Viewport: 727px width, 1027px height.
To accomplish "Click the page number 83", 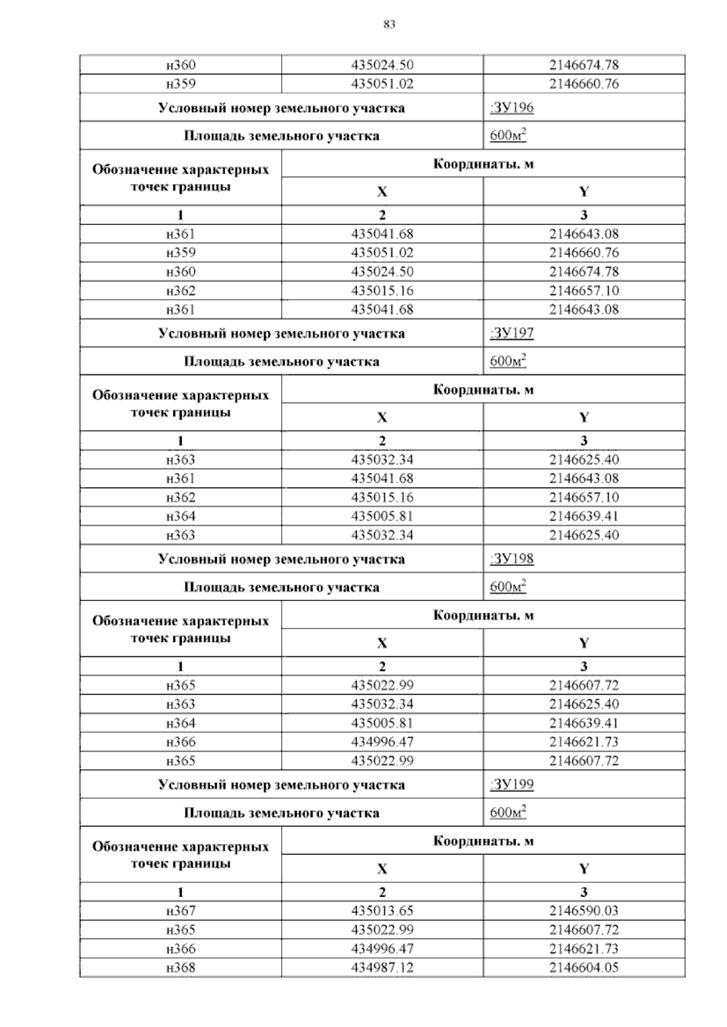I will (x=390, y=24).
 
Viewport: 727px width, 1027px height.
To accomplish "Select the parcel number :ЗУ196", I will (x=511, y=108).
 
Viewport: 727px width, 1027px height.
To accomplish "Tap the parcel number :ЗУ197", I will (x=511, y=333).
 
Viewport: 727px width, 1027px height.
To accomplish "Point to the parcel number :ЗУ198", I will (x=511, y=558).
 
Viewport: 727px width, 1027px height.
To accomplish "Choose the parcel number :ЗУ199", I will (x=511, y=784).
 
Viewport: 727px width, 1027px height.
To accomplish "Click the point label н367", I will (x=181, y=911).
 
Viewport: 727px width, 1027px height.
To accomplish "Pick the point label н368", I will (x=181, y=967).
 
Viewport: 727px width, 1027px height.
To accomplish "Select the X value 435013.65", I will (x=382, y=911).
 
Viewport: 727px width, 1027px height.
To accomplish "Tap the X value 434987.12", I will (x=382, y=967).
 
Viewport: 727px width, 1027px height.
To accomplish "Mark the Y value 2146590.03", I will (x=584, y=911).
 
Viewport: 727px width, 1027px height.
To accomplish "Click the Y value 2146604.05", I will (x=584, y=967).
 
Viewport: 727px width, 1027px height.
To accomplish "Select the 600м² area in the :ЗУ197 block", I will (x=508, y=362).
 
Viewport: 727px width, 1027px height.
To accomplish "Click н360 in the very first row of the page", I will (x=181, y=65).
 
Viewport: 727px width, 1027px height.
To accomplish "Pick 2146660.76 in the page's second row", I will (x=584, y=84).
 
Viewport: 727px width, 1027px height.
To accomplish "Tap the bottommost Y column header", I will (x=584, y=869).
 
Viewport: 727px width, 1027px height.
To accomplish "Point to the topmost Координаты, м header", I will (x=483, y=164).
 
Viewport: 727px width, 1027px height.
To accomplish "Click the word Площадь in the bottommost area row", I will (x=213, y=813).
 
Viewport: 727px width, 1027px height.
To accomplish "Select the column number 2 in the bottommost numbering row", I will (x=382, y=892).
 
